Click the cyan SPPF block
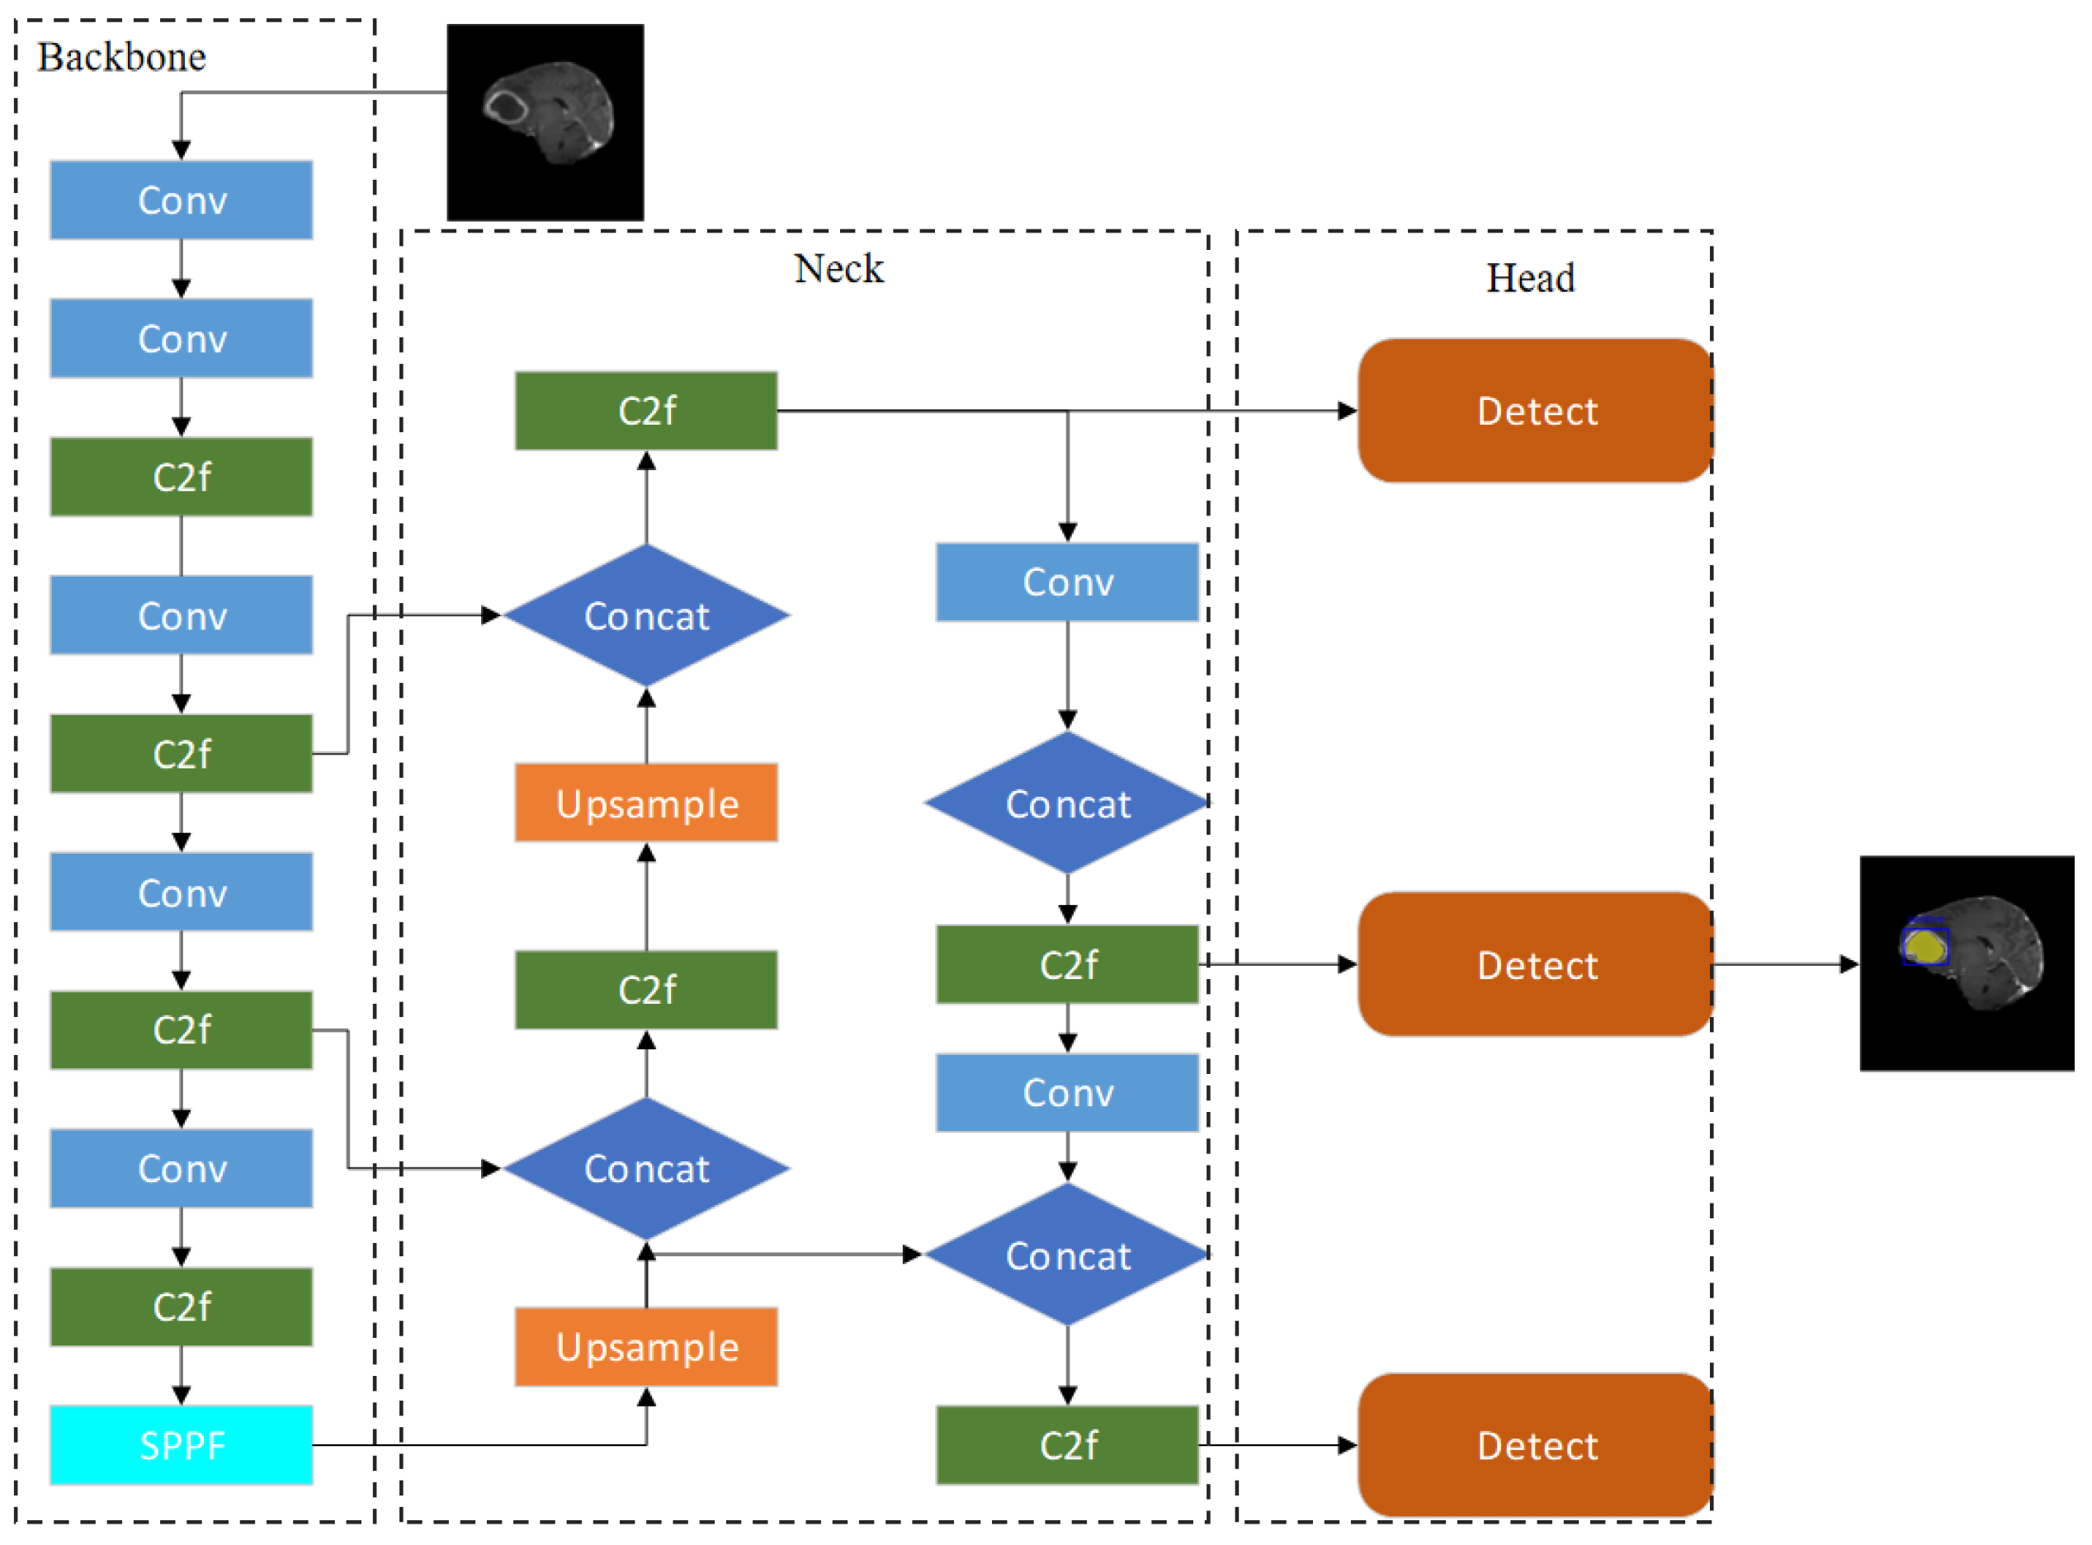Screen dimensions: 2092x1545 181,1445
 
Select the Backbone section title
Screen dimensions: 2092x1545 121,57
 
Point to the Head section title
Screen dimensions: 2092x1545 1531,278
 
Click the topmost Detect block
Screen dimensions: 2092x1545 1535,411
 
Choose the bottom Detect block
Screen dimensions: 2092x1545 1535,1445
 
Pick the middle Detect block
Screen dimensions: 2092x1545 1535,964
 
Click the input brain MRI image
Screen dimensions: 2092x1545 545,123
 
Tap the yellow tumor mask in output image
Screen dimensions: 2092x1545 1924,946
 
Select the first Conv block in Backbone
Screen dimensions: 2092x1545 181,200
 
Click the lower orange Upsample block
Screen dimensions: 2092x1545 646,1347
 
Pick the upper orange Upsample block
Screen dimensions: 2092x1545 646,803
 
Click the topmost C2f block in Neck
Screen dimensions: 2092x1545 646,411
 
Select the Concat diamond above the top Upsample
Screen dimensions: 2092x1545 646,615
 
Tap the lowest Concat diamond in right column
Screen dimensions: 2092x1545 1068,1255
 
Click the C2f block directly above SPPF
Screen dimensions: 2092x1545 181,1307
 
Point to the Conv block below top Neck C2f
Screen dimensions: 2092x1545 1068,582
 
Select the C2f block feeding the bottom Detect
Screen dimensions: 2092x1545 1068,1445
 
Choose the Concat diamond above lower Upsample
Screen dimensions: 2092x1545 646,1168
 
